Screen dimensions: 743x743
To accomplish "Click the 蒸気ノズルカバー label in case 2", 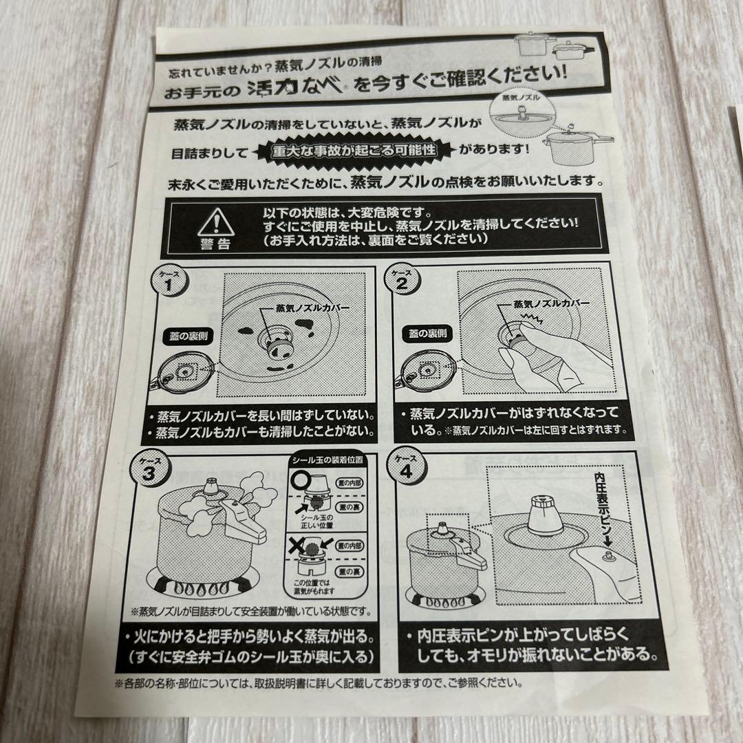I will [552, 303].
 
